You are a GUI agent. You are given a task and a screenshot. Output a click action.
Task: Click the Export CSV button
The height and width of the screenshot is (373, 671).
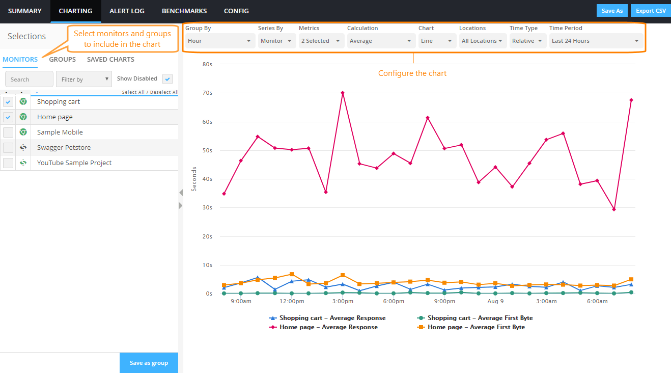(650, 11)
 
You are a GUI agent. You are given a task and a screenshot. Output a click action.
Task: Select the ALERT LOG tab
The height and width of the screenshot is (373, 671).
(127, 11)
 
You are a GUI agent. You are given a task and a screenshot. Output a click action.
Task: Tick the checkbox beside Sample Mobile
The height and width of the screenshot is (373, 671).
(8, 132)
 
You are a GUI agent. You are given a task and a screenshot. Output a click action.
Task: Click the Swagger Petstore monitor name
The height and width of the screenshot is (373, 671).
(64, 148)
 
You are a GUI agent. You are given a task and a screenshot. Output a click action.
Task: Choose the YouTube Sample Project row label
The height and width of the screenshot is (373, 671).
(74, 163)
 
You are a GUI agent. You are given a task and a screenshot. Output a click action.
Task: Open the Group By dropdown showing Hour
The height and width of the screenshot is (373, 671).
(219, 41)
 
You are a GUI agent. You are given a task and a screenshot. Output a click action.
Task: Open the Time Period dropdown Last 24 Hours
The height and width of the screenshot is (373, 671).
(596, 41)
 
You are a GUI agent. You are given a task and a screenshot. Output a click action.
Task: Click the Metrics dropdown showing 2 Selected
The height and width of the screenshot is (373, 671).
(322, 41)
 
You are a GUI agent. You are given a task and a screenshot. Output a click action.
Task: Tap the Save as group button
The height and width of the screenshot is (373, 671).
(149, 363)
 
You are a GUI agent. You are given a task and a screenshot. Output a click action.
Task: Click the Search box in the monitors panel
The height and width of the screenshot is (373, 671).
(29, 79)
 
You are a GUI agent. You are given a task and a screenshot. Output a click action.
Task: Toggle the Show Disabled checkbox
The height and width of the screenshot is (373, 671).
(167, 79)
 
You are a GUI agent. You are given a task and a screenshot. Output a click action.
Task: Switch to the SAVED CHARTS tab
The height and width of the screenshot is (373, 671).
(110, 60)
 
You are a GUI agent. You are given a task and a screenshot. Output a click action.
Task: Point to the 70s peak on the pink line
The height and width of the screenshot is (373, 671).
(343, 93)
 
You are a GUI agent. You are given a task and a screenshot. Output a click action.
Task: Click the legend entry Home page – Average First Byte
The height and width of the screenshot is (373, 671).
(476, 327)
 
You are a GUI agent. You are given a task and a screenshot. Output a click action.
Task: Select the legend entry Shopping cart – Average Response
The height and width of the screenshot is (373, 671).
(332, 318)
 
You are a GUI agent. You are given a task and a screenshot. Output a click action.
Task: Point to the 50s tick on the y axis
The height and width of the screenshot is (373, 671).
(207, 150)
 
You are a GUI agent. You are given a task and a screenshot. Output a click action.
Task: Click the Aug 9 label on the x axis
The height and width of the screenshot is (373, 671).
(495, 301)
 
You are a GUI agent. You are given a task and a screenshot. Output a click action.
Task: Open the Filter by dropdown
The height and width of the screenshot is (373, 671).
(83, 79)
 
